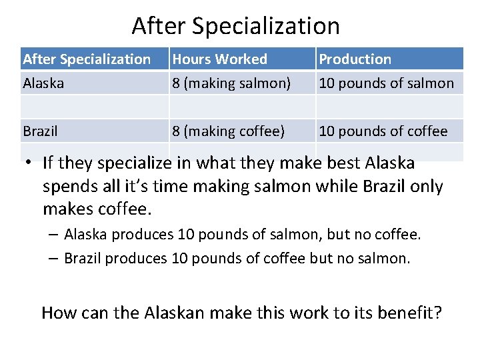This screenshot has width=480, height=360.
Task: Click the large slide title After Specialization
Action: click(235, 26)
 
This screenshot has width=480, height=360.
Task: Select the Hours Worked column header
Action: click(219, 59)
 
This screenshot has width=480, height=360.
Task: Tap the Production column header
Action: click(355, 59)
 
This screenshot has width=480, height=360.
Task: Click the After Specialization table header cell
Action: click(87, 59)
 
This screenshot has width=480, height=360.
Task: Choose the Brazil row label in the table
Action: click(40, 131)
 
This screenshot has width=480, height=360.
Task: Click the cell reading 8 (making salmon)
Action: click(231, 83)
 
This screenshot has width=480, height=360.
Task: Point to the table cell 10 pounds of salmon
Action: click(386, 83)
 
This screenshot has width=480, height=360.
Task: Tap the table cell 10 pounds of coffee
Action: click(383, 131)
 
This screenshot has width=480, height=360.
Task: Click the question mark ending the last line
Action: click(437, 312)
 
